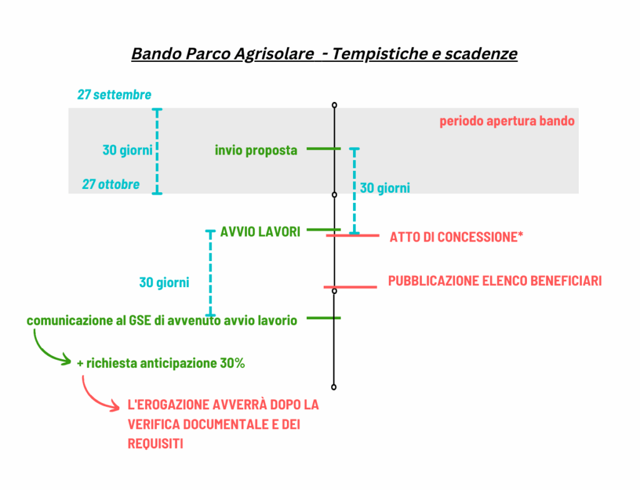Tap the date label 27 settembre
[114, 95]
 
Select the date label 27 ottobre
[111, 185]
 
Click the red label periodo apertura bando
[507, 121]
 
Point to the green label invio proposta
[256, 150]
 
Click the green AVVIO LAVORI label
[261, 232]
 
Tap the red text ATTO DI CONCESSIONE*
[456, 237]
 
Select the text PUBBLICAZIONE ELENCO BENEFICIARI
[495, 281]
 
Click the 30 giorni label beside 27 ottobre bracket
[127, 150]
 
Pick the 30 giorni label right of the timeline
[385, 188]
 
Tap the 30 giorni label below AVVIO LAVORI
[164, 282]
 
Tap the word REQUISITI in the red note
[156, 444]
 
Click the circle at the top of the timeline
[334, 105]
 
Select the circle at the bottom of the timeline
[334, 387]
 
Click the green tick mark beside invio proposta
[323, 149]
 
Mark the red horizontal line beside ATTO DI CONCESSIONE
[352, 236]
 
